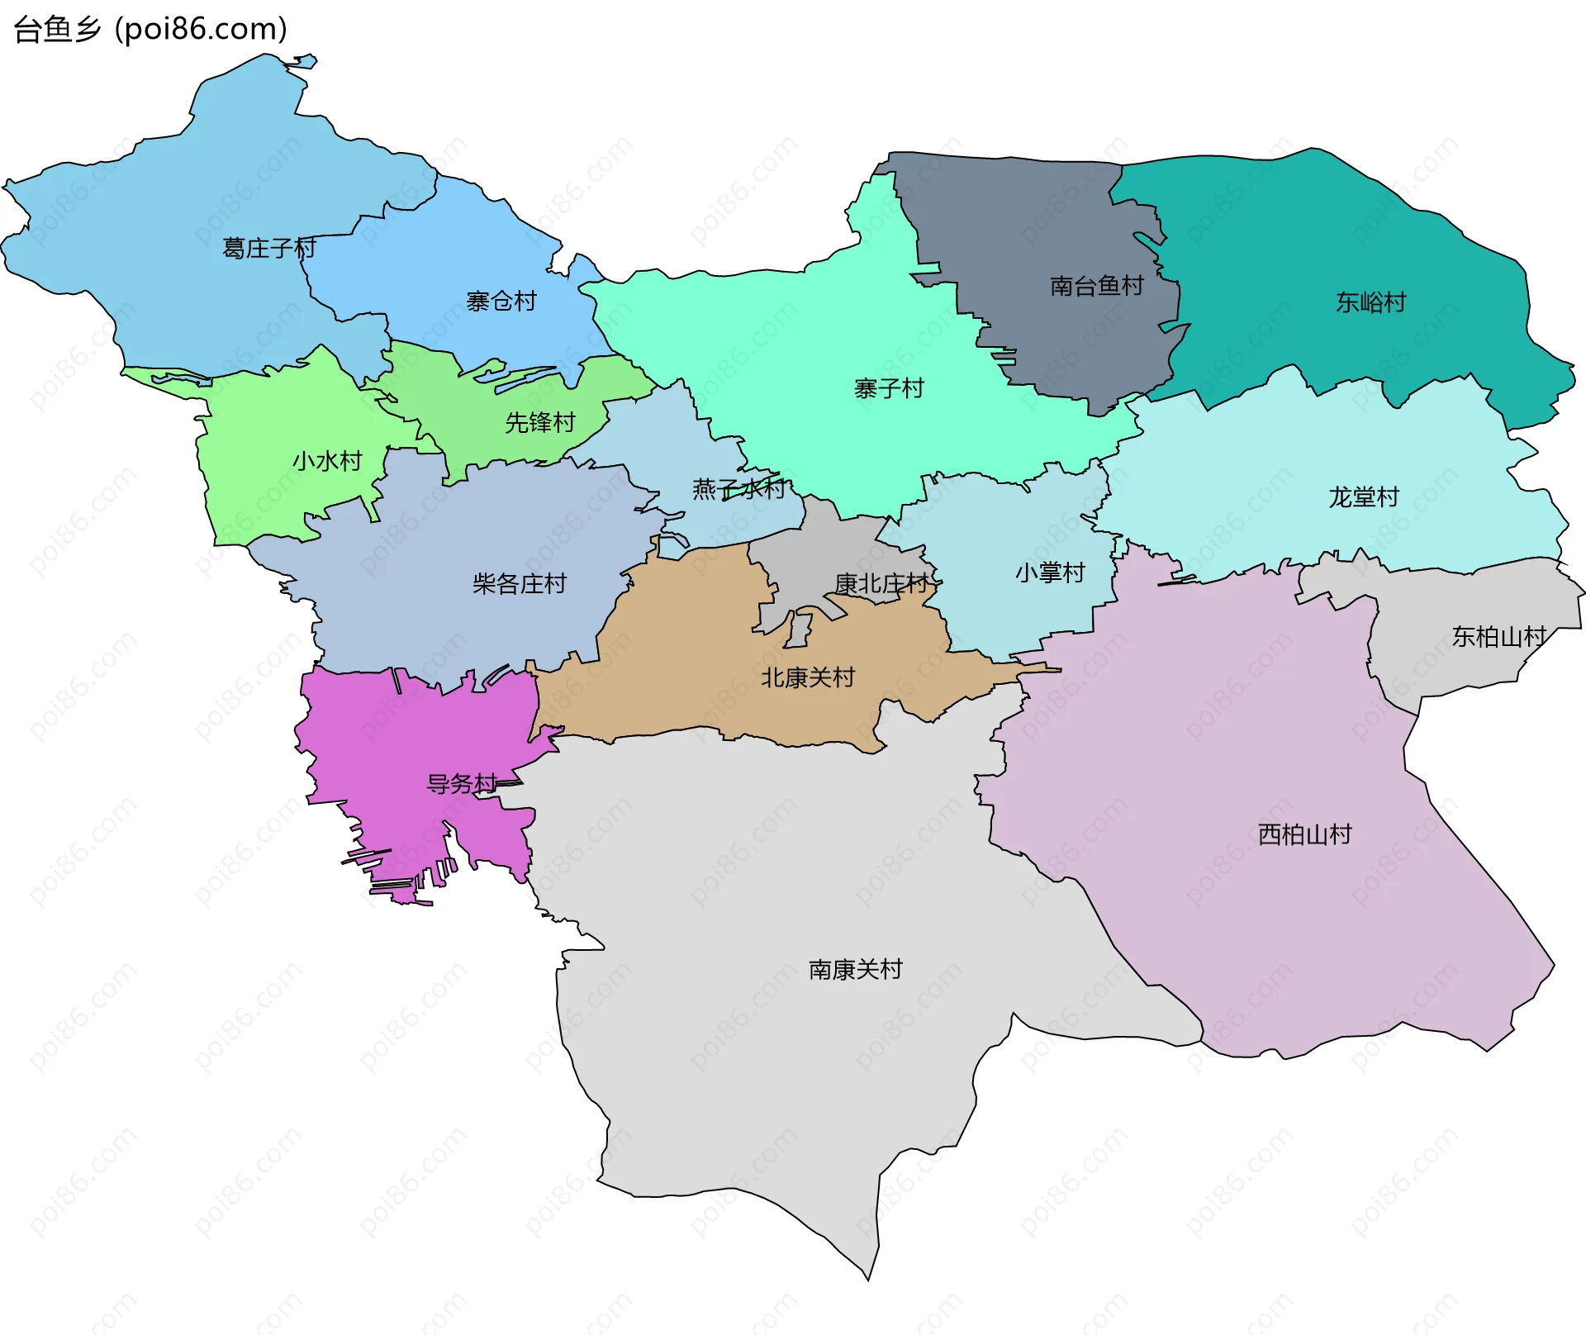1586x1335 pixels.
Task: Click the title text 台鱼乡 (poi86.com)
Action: pyautogui.click(x=150, y=29)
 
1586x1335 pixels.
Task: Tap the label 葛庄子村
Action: pyautogui.click(x=269, y=248)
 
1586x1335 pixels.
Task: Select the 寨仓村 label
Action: pyautogui.click(x=501, y=302)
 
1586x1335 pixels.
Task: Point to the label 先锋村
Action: pyautogui.click(x=540, y=423)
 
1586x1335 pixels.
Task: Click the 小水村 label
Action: pyautogui.click(x=328, y=461)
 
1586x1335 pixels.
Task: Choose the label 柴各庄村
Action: pyautogui.click(x=520, y=584)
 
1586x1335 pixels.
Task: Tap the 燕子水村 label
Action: pyautogui.click(x=739, y=489)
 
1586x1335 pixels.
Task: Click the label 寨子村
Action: pyautogui.click(x=889, y=388)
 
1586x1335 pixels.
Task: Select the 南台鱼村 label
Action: pyautogui.click(x=1097, y=286)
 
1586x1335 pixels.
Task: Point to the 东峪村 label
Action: pyautogui.click(x=1371, y=302)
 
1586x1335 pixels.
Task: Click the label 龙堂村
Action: pyautogui.click(x=1364, y=497)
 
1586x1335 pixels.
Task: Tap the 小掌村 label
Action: pyautogui.click(x=1050, y=572)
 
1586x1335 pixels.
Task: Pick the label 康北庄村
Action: pyautogui.click(x=882, y=584)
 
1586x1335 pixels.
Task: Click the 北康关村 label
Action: pyautogui.click(x=808, y=678)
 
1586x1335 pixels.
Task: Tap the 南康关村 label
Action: pyautogui.click(x=856, y=970)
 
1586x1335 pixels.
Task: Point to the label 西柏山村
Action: pyautogui.click(x=1305, y=834)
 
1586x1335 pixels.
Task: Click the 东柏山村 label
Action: pyautogui.click(x=1499, y=637)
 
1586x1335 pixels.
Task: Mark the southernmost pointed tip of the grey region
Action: pyautogui.click(x=868, y=1279)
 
